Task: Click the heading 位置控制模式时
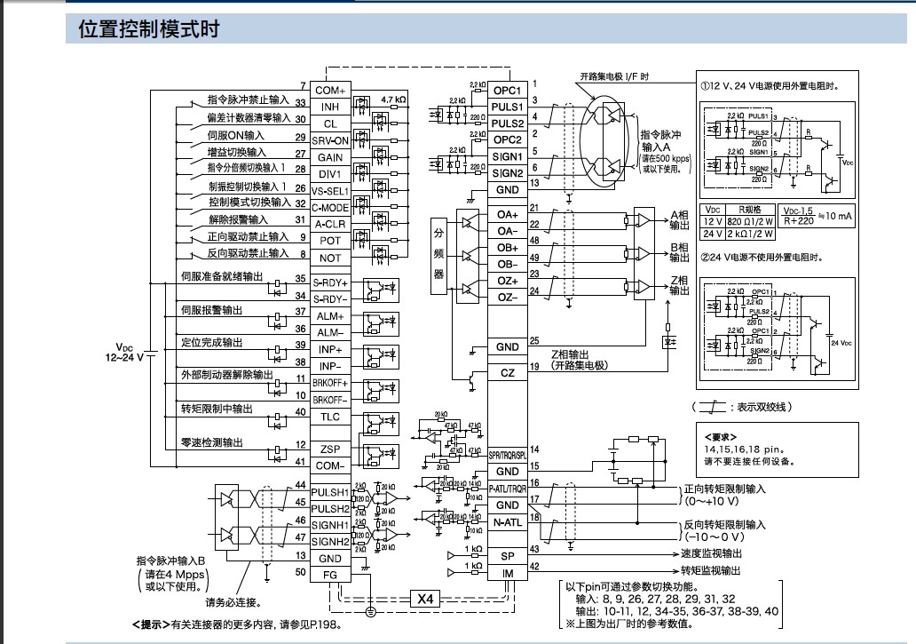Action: coord(148,29)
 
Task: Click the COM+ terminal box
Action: coord(329,91)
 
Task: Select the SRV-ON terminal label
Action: coord(329,140)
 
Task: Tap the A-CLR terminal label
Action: coord(329,223)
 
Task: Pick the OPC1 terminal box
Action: coord(508,91)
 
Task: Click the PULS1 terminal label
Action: coord(508,107)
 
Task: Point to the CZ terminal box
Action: coord(508,373)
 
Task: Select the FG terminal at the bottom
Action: coord(329,575)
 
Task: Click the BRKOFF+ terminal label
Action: coord(329,381)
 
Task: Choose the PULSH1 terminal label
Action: coord(329,492)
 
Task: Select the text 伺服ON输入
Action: coord(236,135)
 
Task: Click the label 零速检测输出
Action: coord(211,441)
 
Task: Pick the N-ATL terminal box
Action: coord(508,522)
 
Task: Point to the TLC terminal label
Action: coord(329,416)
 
